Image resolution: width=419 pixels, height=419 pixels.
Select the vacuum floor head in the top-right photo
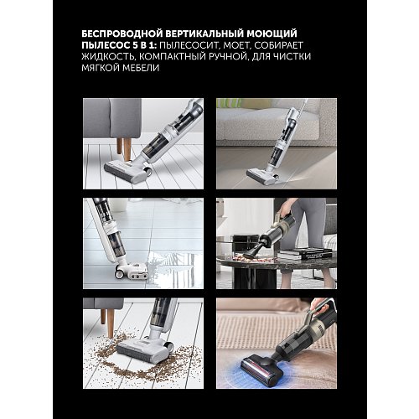[261, 177]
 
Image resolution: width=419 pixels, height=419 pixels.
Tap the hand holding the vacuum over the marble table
[287, 206]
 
